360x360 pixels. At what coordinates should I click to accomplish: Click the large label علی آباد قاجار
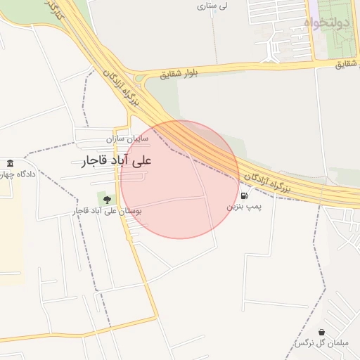tap(117, 161)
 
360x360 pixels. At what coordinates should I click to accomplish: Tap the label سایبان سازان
tap(135, 139)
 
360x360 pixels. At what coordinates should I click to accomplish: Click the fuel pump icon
tap(243, 196)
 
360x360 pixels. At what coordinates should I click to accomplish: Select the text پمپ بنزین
tap(243, 208)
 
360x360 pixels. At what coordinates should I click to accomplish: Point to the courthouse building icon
tap(9, 164)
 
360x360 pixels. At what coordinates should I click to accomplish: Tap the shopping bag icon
tap(321, 332)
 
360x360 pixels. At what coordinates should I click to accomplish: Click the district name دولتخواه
tap(327, 23)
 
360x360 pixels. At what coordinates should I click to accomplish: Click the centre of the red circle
tap(180, 179)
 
